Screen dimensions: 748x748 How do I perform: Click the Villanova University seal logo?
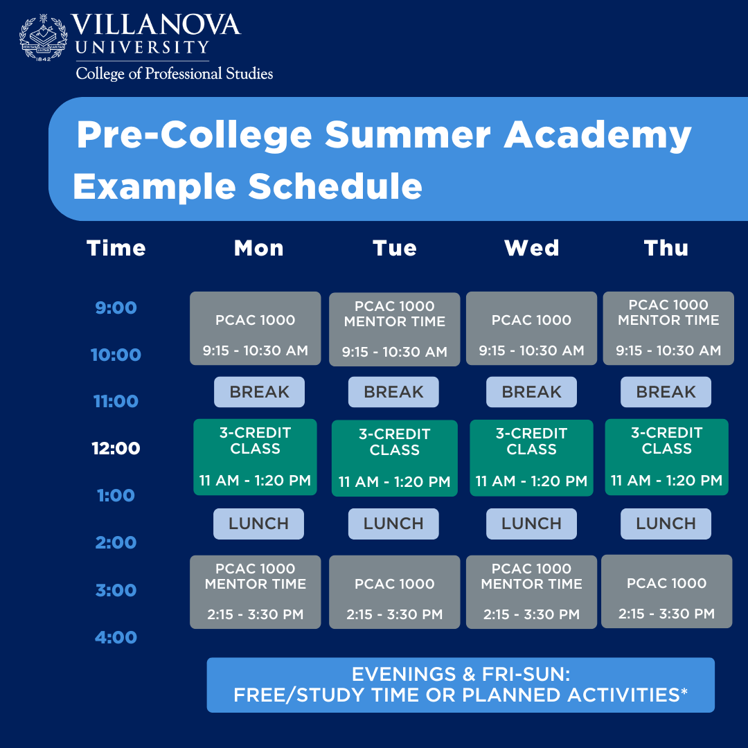[x=44, y=37]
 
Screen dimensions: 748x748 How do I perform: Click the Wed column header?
[x=531, y=248]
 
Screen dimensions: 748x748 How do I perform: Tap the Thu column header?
[x=666, y=248]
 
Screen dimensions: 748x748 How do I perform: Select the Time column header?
[x=116, y=248]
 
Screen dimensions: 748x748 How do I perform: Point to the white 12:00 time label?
[x=116, y=448]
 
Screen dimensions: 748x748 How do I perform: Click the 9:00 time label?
[x=116, y=308]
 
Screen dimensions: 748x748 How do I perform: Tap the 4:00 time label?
[x=116, y=637]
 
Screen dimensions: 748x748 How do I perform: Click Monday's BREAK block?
[x=259, y=392]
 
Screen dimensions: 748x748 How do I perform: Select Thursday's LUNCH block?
[x=666, y=524]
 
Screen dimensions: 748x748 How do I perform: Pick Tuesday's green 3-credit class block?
[x=394, y=458]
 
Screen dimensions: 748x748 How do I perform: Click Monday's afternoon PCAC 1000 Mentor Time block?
[x=256, y=591]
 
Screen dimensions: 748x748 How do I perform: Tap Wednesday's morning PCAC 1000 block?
[x=531, y=328]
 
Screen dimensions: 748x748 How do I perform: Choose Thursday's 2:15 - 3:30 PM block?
[x=666, y=591]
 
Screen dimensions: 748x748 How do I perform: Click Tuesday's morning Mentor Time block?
[x=394, y=329]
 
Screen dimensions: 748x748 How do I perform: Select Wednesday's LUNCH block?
[x=531, y=524]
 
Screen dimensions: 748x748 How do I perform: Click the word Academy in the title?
[x=597, y=134]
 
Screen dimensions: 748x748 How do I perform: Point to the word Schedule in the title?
[x=335, y=186]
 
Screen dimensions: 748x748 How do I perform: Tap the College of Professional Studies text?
[x=175, y=73]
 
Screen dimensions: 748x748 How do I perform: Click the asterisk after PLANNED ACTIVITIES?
[x=684, y=691]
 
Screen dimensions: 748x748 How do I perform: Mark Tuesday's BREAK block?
[x=393, y=392]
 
